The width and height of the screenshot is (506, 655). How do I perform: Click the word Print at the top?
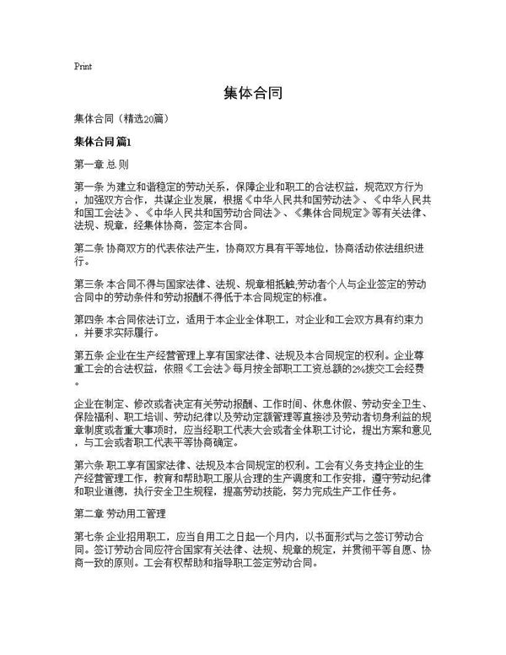83,66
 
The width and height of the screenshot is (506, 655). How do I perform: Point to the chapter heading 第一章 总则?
101,165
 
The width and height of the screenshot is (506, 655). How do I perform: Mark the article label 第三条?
88,285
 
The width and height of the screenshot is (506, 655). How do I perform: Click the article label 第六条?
88,464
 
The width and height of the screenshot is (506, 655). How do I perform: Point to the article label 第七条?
88,535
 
